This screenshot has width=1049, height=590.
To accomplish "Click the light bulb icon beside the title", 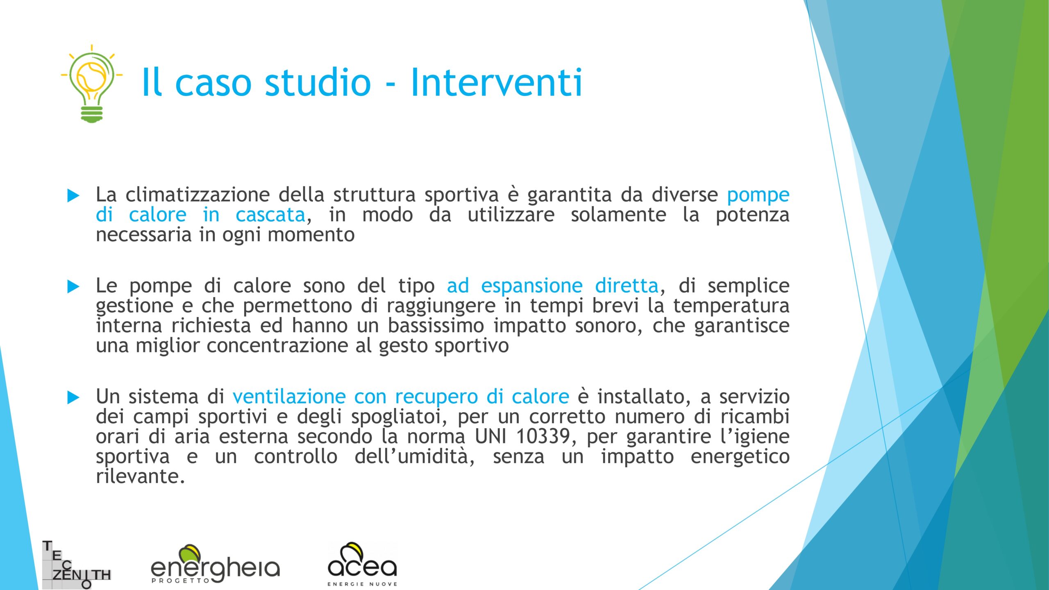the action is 92,84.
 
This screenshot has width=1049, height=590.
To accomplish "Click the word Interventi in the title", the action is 496,82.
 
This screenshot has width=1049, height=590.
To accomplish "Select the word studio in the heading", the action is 318,82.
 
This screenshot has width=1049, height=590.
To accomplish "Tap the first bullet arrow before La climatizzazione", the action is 73,195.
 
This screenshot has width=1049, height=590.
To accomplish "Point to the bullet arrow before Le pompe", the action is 73,286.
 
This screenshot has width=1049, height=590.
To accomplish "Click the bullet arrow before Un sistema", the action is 73,397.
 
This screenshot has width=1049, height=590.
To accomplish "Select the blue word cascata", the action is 270,215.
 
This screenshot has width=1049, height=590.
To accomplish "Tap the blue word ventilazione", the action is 289,397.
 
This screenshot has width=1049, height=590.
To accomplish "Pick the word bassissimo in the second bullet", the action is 436,326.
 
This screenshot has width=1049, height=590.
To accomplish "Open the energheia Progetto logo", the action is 215,564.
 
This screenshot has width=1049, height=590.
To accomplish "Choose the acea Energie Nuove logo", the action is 362,564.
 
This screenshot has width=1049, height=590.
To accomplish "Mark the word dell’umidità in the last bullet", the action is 414,456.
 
